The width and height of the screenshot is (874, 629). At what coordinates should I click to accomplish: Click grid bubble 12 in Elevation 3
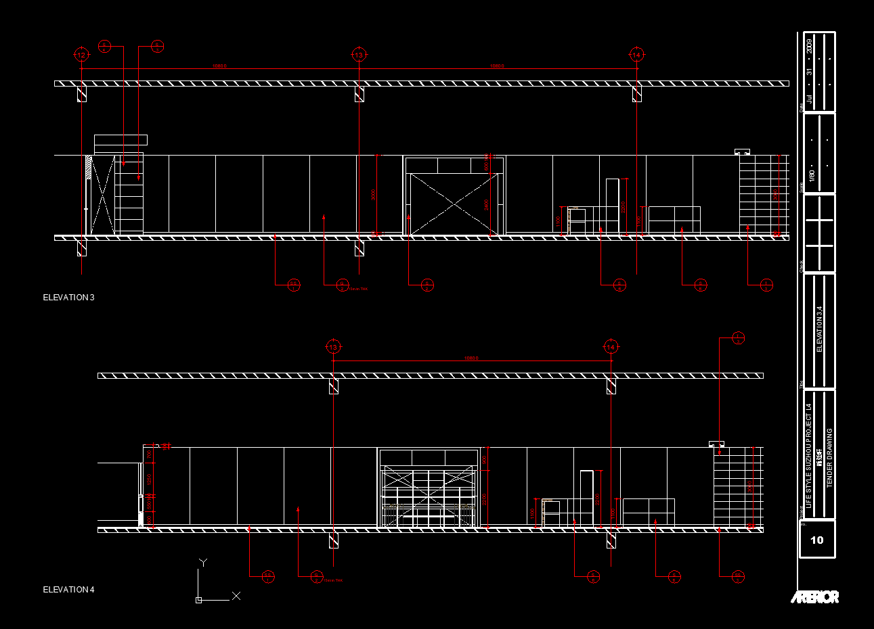[x=81, y=55]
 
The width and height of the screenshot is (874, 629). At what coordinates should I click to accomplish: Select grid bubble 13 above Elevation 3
[x=359, y=55]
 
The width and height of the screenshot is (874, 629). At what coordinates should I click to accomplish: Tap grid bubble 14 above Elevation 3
[x=636, y=55]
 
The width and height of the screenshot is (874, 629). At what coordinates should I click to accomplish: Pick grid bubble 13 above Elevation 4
[x=332, y=347]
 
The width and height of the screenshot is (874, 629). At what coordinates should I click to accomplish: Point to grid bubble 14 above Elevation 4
[x=611, y=347]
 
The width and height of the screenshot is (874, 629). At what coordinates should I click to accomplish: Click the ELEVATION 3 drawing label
[x=68, y=298]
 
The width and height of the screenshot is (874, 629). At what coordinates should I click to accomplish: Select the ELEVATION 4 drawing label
[x=68, y=590]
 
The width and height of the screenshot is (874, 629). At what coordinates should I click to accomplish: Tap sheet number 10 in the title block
[x=817, y=540]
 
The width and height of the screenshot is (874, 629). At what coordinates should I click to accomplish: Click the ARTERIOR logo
[x=815, y=597]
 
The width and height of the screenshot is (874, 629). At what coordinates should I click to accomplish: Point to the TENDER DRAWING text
[x=830, y=458]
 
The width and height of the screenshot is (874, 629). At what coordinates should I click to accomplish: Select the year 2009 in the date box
[x=810, y=47]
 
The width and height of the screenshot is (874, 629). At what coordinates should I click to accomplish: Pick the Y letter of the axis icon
[x=203, y=562]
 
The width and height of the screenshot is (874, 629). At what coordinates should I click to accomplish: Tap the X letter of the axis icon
[x=236, y=596]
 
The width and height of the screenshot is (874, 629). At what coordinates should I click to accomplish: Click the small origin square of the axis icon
[x=198, y=600]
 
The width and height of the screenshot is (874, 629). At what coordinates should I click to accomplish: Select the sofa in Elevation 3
[x=674, y=220]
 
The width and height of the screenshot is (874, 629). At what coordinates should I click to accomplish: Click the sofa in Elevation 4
[x=649, y=512]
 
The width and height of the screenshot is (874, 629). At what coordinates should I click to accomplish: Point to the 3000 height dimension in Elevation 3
[x=374, y=195]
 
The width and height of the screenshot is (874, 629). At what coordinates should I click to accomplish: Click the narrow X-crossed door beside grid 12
[x=102, y=195]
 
